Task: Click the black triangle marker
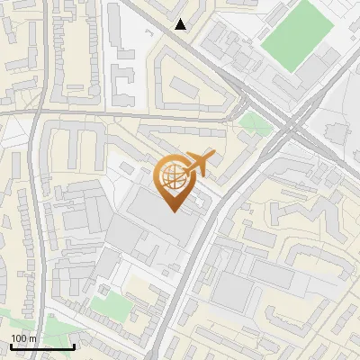[x=181, y=24]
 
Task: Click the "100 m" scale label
[x=23, y=338]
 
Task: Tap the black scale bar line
[x=42, y=346]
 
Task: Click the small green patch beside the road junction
[x=256, y=122]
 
